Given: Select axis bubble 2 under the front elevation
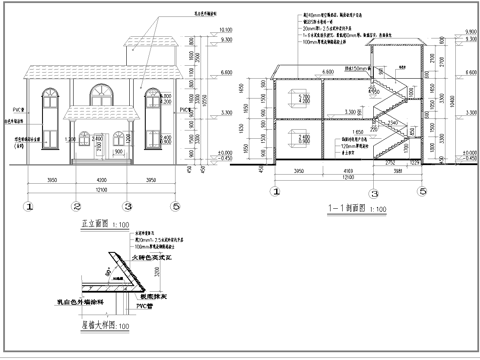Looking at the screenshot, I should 76,206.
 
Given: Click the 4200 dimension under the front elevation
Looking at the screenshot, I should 100,180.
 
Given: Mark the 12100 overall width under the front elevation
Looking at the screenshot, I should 100,188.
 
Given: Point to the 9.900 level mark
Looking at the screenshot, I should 469,33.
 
